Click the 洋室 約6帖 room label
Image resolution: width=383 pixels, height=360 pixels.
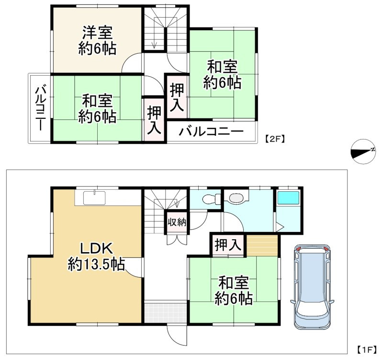[97, 41]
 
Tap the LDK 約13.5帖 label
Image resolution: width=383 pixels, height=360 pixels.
[96, 256]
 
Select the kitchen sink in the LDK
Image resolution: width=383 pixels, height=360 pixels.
[94, 197]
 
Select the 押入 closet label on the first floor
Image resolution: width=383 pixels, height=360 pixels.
[227, 245]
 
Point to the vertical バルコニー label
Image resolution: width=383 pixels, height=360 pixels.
[40, 108]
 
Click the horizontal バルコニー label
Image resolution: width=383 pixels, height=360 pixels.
[212, 132]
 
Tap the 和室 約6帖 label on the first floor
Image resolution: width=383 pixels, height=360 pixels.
[234, 290]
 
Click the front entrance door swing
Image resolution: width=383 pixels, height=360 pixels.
[173, 334]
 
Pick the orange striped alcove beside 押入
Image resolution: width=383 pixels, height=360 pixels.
[262, 245]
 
